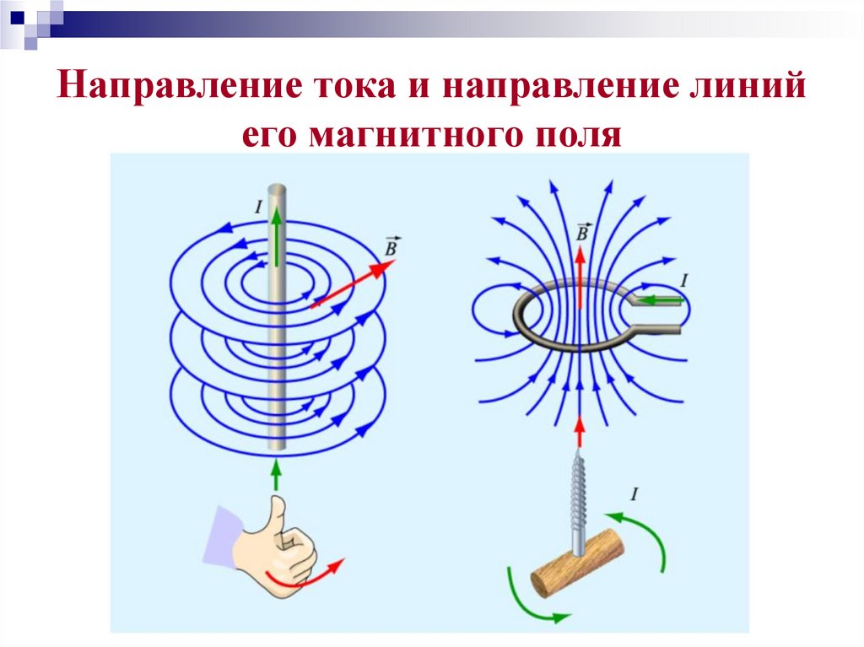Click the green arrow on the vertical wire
pyautogui.click(x=276, y=235)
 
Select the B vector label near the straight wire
pyautogui.click(x=391, y=245)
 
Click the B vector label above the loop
pyautogui.click(x=581, y=231)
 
